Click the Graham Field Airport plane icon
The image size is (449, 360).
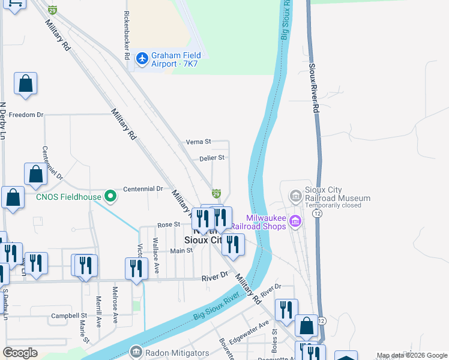(142, 58)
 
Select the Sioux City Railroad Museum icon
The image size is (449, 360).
(295, 196)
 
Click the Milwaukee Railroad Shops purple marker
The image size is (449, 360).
(295, 223)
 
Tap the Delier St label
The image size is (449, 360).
(212, 158)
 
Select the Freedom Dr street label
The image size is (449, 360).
(26, 115)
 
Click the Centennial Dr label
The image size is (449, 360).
(143, 188)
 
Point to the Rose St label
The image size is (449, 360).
(169, 224)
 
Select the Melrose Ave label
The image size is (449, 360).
(115, 310)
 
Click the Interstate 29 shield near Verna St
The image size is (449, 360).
(216, 194)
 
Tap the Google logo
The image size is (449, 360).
(20, 353)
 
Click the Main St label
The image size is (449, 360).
(181, 251)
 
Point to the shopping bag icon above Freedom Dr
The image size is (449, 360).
(26, 85)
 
